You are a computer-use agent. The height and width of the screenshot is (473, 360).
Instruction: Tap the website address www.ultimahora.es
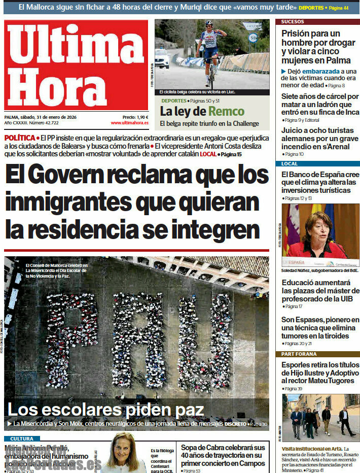129,123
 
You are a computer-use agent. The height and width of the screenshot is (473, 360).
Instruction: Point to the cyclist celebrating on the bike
210,46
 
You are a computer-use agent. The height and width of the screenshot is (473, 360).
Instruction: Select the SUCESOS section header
293,22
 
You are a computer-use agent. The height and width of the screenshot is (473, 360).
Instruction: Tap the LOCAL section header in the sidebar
290,164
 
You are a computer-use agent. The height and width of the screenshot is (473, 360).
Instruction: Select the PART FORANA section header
299,354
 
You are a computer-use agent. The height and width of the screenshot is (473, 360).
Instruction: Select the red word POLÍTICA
20,138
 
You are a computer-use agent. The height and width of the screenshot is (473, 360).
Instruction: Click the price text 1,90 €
139,117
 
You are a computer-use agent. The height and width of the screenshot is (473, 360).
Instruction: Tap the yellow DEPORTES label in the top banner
310,8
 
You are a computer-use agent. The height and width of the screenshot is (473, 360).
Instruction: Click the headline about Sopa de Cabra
223,455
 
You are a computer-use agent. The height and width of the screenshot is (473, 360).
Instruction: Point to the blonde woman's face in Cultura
123,451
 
